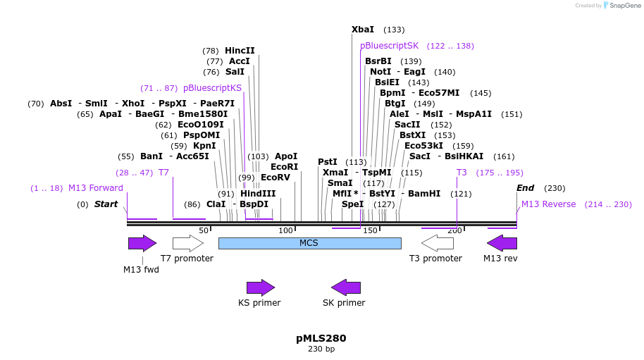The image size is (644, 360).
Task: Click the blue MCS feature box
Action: coord(309,243)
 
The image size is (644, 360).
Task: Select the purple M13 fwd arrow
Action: coord(142,243)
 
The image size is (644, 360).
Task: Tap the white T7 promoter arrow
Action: coord(187,243)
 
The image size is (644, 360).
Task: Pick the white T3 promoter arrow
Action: coord(437,243)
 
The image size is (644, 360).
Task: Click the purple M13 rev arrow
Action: coord(502,243)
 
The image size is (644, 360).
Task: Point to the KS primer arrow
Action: coord(260,287)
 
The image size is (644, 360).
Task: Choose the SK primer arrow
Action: coord(346,287)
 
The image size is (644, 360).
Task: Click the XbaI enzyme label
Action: coord(363,30)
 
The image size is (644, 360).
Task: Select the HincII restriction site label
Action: coord(240,51)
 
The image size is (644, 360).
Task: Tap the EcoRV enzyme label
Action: coord(275,178)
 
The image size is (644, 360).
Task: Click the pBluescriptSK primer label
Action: coord(389,46)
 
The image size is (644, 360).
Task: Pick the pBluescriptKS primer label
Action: coord(212,88)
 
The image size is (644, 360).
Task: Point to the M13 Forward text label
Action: coord(96,188)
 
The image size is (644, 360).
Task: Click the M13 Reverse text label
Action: coord(548,204)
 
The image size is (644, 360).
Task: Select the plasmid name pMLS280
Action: coord(321,338)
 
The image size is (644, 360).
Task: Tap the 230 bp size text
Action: coord(321,349)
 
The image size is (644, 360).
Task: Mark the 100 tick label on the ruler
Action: coord(285,230)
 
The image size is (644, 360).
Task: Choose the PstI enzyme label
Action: coord(328,162)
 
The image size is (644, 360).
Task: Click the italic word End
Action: coord(526,188)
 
